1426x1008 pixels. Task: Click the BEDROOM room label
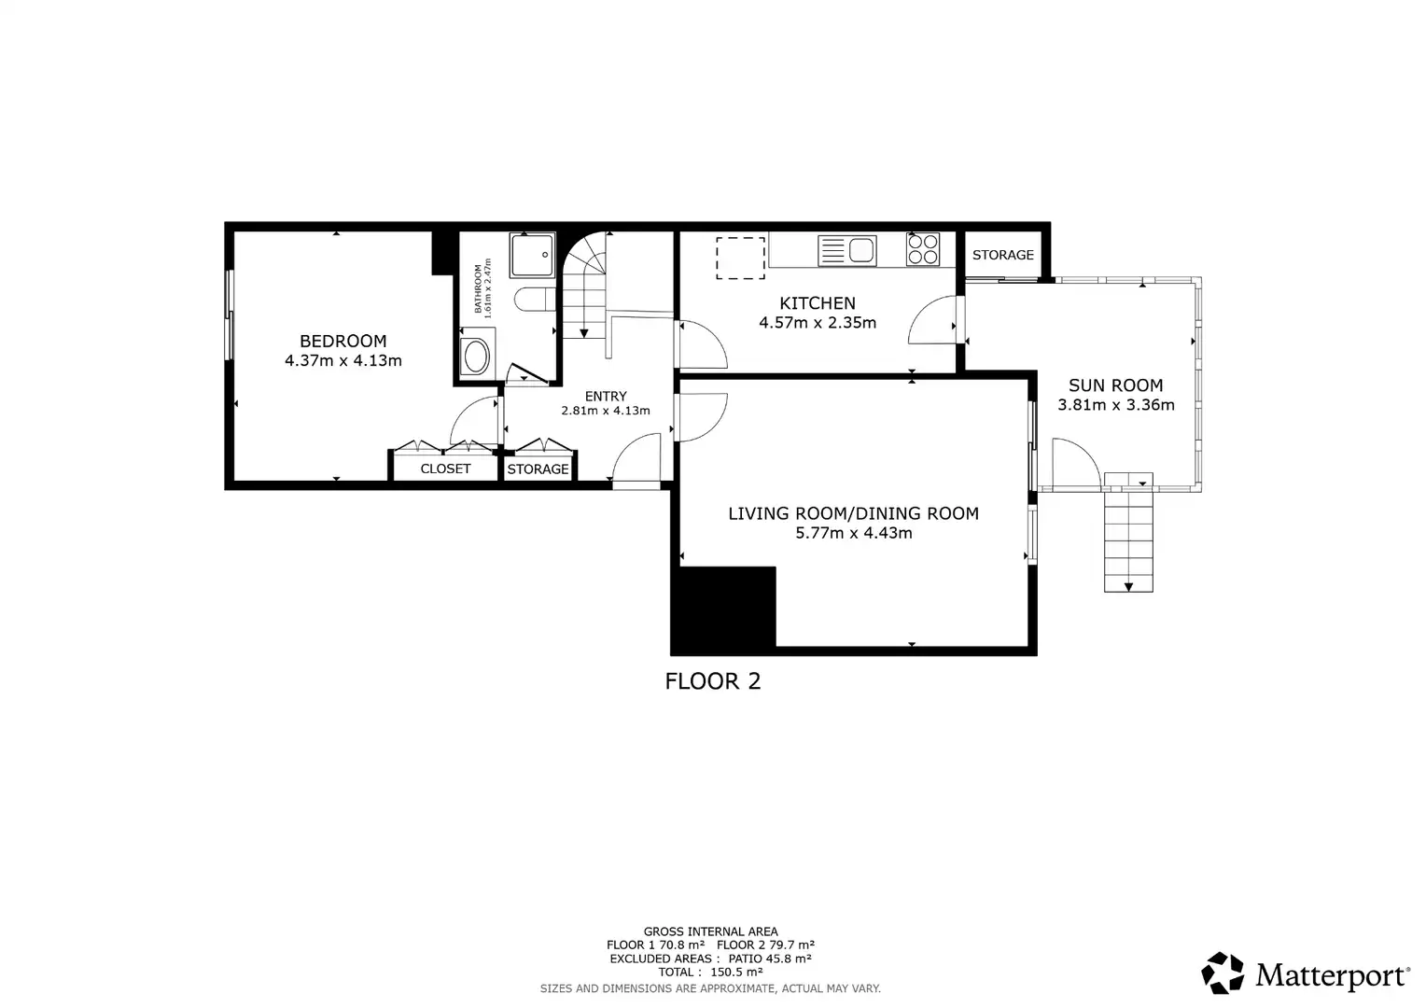point(343,342)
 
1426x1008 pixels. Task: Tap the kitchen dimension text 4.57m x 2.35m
point(818,323)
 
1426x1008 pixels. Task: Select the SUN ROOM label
point(1116,385)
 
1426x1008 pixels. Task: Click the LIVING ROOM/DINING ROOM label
point(854,513)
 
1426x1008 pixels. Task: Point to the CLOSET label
point(446,469)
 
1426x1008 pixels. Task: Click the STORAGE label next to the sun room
point(1003,255)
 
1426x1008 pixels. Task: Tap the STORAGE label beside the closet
point(538,469)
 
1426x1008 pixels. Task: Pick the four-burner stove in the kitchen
point(922,249)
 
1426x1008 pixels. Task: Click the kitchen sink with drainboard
point(847,250)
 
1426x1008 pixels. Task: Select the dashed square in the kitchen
point(740,258)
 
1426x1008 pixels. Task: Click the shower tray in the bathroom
point(532,255)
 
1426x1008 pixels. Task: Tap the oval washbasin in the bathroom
point(478,356)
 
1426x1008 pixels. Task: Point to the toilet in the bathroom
point(536,300)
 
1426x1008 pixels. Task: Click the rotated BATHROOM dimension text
point(482,288)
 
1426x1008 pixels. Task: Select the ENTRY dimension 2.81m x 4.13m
point(606,411)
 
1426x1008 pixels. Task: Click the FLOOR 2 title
point(713,681)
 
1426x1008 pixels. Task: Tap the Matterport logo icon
point(1223,973)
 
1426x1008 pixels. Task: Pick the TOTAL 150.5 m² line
point(710,972)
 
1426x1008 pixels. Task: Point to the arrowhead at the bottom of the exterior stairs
point(1128,587)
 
